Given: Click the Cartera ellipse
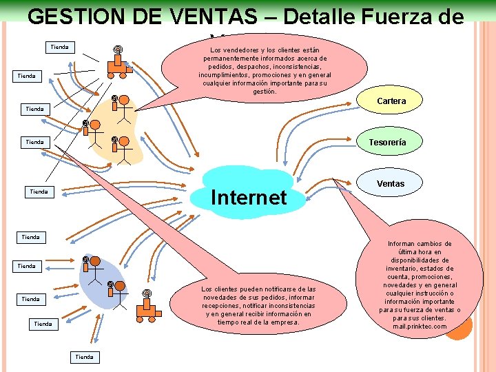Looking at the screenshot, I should point(391,101).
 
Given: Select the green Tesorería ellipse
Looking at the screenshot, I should point(386,143).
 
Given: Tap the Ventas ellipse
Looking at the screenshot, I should point(391,183).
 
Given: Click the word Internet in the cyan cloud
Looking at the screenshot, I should point(248,198).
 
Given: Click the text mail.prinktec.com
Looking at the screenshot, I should point(420,327).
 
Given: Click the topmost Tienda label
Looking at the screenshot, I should point(60,47).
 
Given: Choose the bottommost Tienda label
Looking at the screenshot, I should point(84,357).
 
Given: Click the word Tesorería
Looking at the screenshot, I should point(386,143).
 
